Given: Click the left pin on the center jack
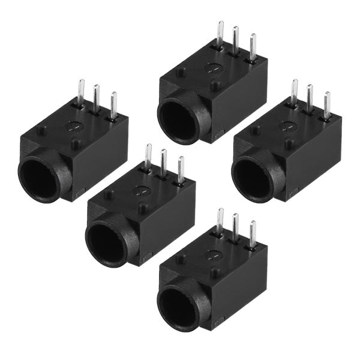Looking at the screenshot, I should [148, 157].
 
